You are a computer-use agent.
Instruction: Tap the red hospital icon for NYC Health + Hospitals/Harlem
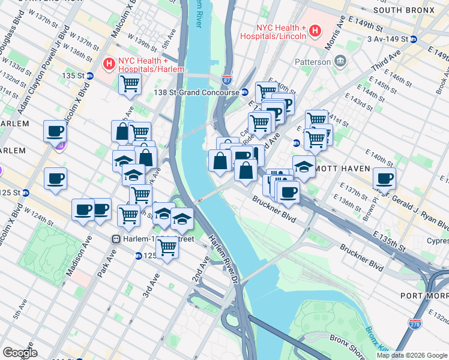[x=109, y=62]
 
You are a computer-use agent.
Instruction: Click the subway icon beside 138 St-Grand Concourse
[x=245, y=92]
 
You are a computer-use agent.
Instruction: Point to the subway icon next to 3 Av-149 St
[x=414, y=40]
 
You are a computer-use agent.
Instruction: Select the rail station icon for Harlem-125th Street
[x=117, y=239]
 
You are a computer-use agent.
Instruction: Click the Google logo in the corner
[x=20, y=353]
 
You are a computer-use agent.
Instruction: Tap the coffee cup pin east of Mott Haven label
[x=384, y=178]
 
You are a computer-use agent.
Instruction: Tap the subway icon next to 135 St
[x=89, y=76]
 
